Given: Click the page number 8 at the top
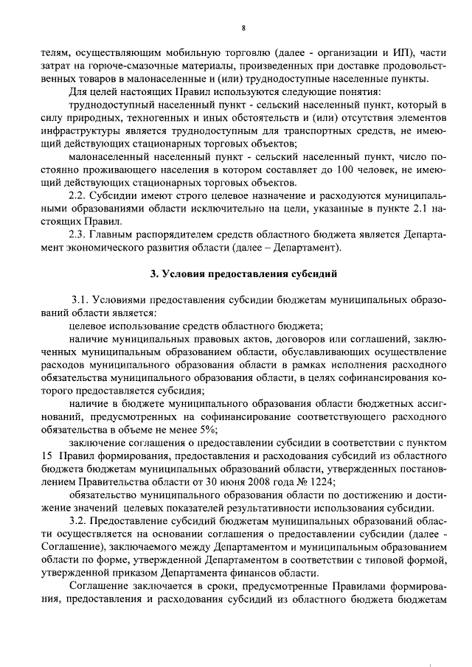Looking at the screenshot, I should coord(243,28).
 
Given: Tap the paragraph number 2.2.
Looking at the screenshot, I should coord(80,198).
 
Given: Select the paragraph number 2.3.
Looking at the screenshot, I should coord(80,234).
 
